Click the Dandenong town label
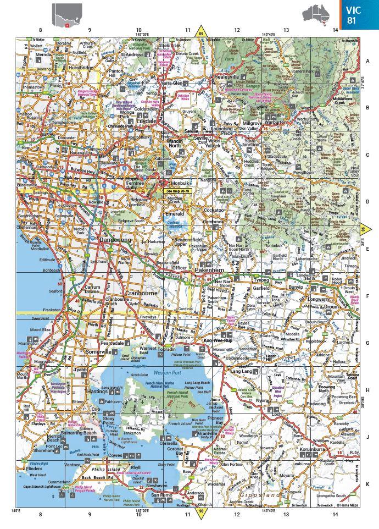click(115, 240)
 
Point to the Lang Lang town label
click(241, 372)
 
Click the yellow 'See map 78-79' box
click(176, 191)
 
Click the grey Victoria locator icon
click(66, 15)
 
